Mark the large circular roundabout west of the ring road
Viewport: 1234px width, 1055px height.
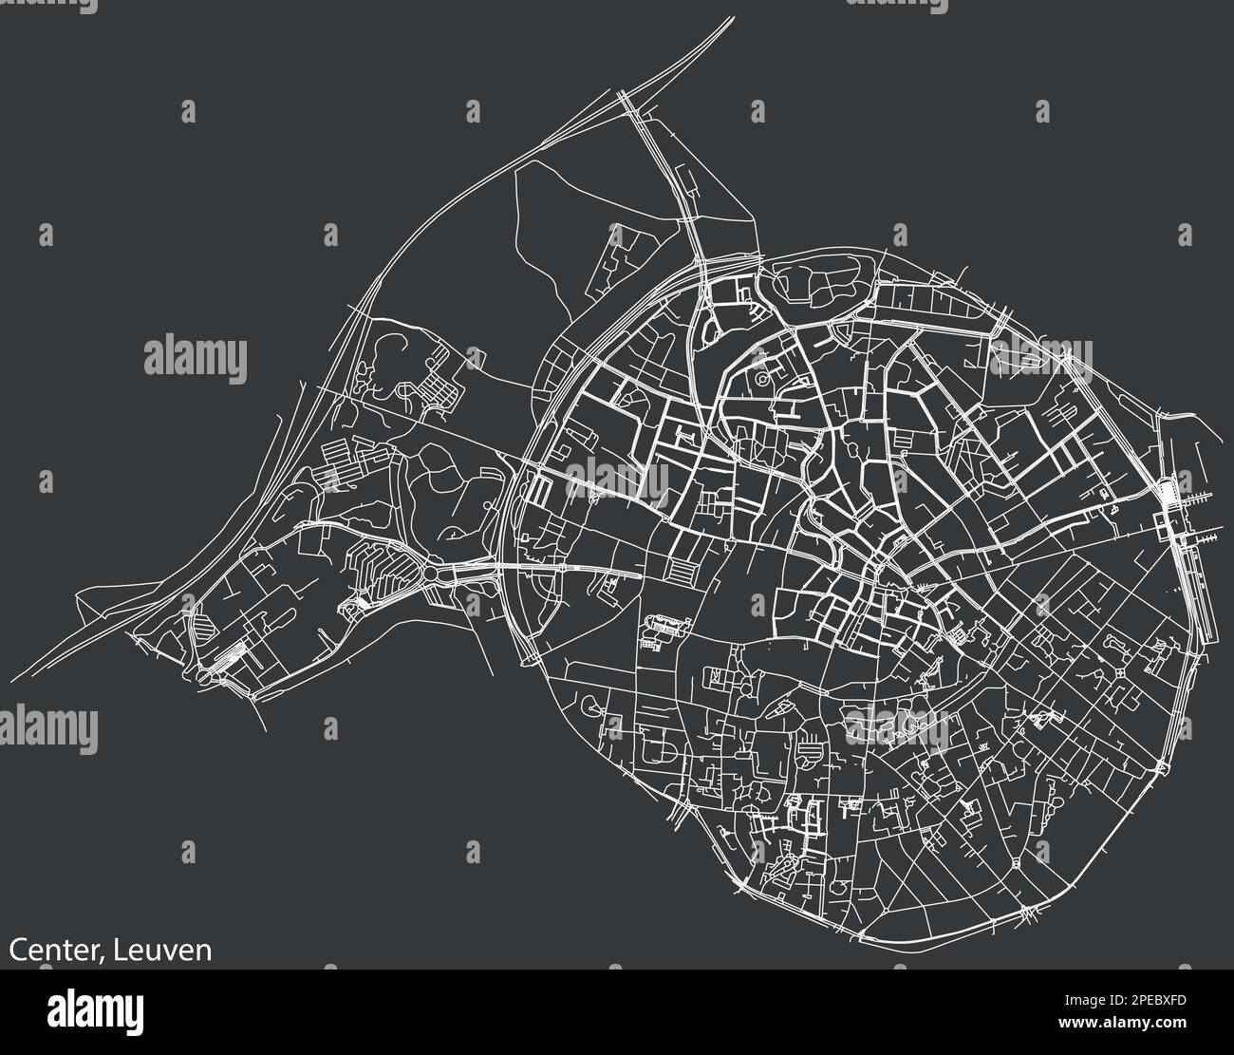[433, 575]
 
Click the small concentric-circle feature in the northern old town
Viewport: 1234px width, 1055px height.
[762, 381]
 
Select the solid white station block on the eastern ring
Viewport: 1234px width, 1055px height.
[1167, 494]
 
